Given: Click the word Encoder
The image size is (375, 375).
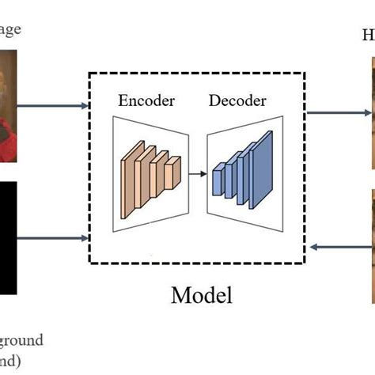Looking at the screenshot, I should click(x=146, y=100).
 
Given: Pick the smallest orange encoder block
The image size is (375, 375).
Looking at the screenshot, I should click(x=174, y=168).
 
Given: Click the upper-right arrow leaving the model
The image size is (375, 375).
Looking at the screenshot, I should click(x=339, y=112).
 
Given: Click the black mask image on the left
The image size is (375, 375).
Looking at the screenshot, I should click(x=8, y=237).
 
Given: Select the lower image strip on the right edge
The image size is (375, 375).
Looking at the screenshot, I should click(x=372, y=245).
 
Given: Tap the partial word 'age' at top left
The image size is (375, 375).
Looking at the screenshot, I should click(x=11, y=29).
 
